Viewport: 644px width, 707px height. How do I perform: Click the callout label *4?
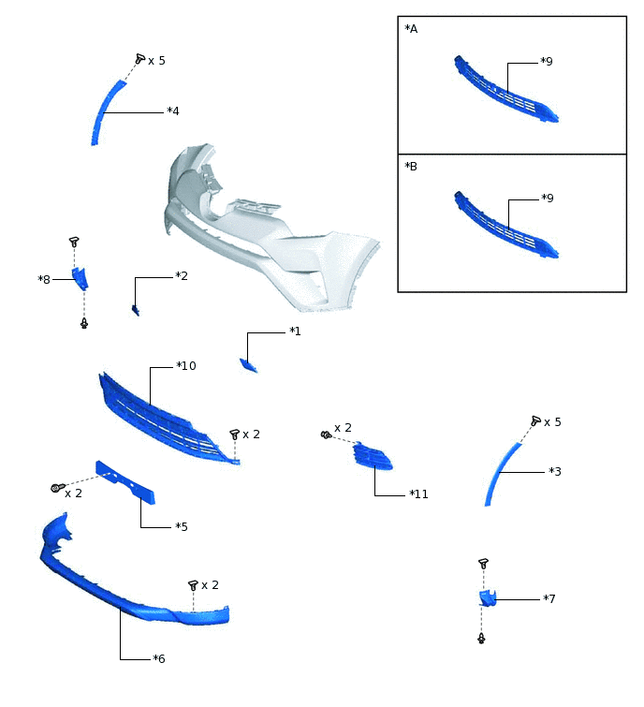click(173, 110)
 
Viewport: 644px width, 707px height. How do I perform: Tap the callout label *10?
click(186, 366)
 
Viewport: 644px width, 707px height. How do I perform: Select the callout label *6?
click(158, 658)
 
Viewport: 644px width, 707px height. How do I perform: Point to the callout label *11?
click(418, 494)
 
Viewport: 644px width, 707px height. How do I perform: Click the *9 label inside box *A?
click(547, 61)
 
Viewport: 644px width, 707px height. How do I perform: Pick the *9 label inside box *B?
click(548, 198)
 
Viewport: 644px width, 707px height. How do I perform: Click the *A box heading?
click(411, 29)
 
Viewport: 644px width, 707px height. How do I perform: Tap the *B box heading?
click(411, 167)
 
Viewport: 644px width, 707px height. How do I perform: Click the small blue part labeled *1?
click(248, 365)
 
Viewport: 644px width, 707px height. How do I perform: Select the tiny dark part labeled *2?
click(135, 310)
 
